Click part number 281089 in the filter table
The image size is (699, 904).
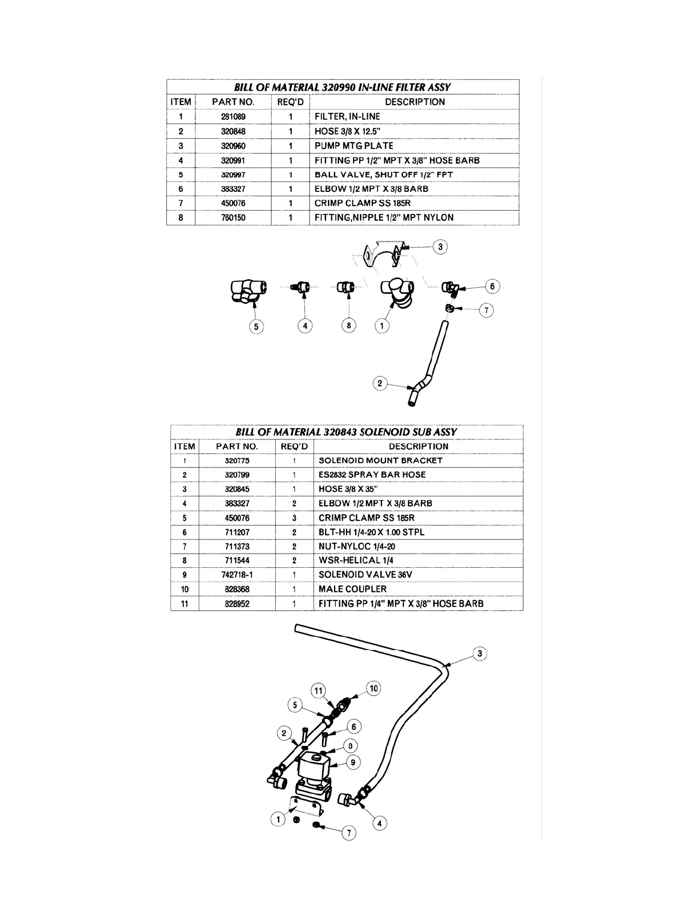tap(233, 116)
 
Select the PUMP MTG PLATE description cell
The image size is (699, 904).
tap(353, 146)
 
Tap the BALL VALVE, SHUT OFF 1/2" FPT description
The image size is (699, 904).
tap(383, 175)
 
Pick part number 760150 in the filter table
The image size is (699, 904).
tap(233, 217)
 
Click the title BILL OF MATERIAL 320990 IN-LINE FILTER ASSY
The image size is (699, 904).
tap(342, 87)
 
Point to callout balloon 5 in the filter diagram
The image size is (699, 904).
tap(256, 326)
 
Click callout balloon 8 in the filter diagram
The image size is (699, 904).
tap(348, 325)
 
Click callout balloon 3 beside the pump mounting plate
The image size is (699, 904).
tap(440, 247)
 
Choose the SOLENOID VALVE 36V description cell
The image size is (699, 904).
tap(365, 575)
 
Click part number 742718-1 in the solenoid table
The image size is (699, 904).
tap(237, 575)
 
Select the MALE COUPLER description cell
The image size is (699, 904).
tap(352, 589)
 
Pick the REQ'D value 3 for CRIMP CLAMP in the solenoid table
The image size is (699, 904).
tap(294, 518)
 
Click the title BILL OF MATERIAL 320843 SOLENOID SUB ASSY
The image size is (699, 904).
tap(346, 432)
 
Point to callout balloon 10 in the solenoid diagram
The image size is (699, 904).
tap(373, 688)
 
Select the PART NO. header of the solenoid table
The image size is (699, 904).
tap(237, 446)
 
